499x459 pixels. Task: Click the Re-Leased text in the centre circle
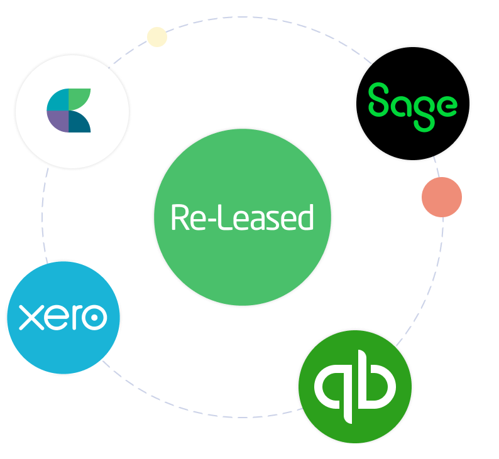pos(242,218)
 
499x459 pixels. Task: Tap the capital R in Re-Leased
pos(179,218)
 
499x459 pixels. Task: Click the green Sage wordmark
pos(412,104)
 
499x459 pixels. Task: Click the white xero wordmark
pos(63,317)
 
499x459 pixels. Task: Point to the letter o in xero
pos(95,318)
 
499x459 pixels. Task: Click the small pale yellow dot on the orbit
pos(157,37)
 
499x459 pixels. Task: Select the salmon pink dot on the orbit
pos(442,197)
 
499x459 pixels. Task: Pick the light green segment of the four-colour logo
pos(80,99)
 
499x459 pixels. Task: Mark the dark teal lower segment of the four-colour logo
pos(80,122)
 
